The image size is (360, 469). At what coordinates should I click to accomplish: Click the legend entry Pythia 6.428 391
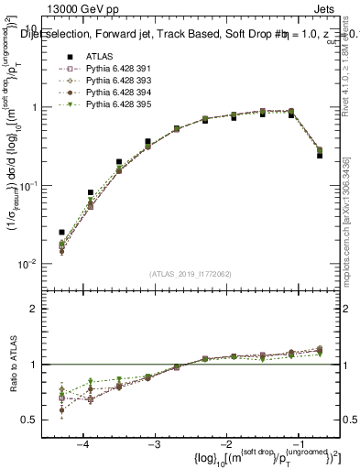coord(113,69)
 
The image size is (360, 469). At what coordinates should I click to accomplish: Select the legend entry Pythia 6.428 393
coord(113,81)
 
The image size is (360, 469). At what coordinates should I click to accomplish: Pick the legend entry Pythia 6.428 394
coord(113,93)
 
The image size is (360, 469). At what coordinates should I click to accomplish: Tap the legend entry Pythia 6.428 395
coord(113,104)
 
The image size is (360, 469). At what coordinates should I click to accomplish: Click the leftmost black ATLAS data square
coord(61,233)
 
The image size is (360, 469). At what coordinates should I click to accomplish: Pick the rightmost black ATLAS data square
coord(320,155)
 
